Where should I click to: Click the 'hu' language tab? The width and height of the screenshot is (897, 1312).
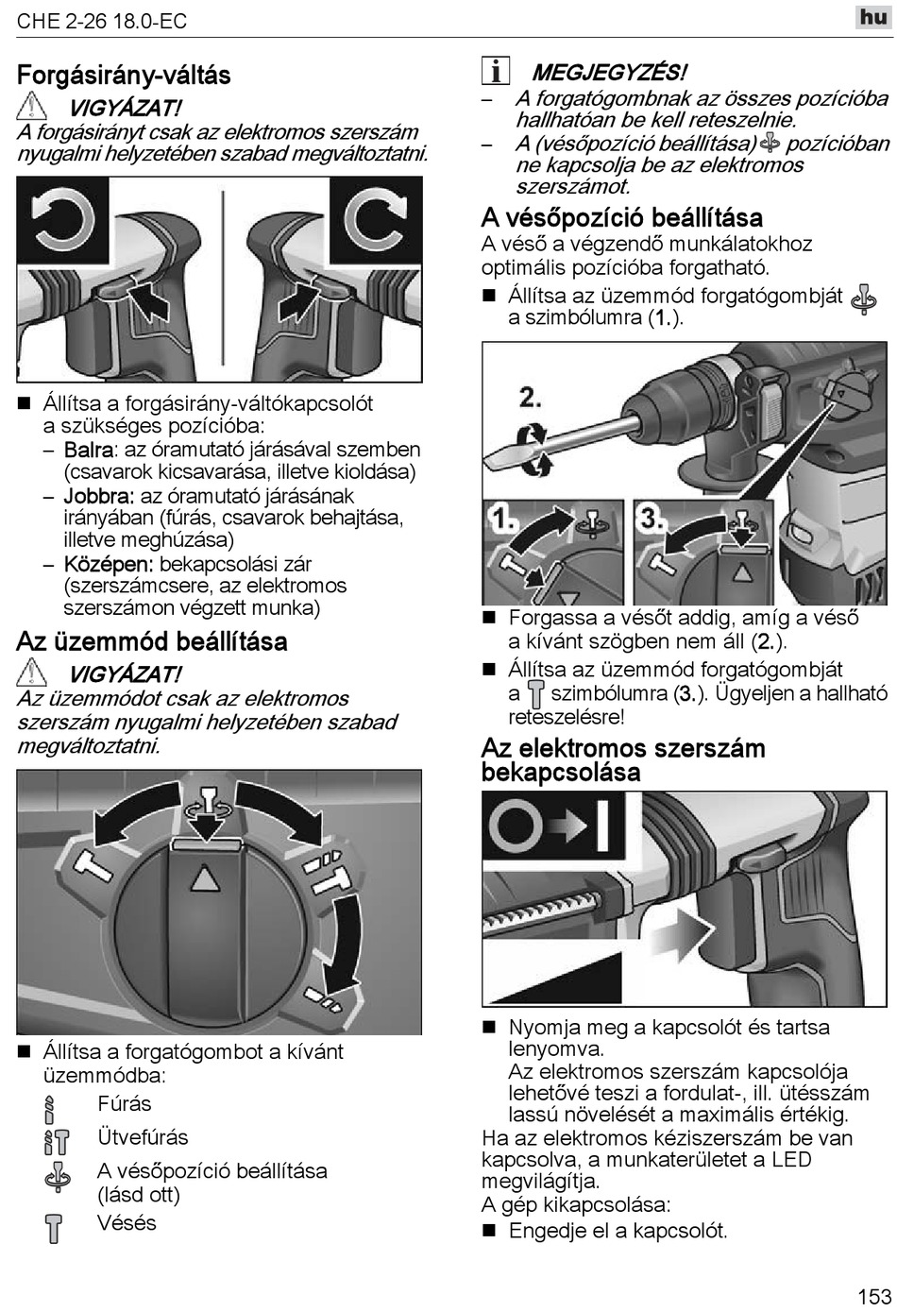tap(873, 17)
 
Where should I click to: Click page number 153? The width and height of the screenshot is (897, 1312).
tap(874, 1295)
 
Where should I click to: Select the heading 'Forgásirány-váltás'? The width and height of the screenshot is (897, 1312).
tap(124, 76)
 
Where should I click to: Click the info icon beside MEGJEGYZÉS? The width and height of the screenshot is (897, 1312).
tap(495, 71)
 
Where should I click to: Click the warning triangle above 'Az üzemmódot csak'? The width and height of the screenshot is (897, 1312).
tap(32, 673)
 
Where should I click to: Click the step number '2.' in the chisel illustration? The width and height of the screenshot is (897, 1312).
tap(531, 397)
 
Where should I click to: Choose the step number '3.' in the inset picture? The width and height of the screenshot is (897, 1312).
tap(652, 518)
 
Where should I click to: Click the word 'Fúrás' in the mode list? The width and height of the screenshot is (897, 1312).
tap(124, 1103)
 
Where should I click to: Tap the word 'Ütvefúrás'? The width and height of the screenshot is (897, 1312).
tap(143, 1137)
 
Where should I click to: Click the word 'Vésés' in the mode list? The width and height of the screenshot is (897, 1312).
tap(127, 1223)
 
